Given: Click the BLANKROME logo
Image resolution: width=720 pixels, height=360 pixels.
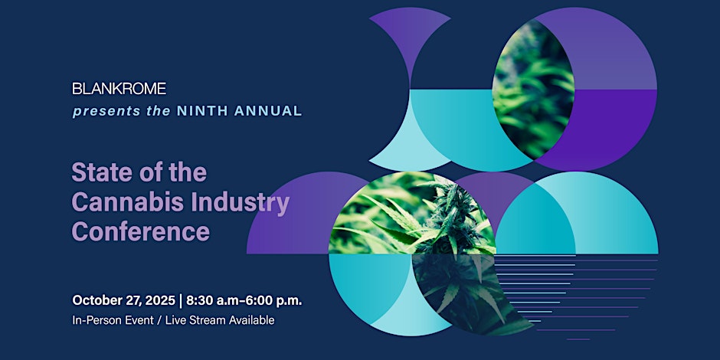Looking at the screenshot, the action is coord(119,89).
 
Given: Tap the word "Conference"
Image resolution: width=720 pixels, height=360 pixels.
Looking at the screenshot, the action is coord(140,232).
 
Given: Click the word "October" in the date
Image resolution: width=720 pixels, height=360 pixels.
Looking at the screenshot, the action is coord(93,300).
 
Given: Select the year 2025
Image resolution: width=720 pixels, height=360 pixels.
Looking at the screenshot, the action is coord(160,300).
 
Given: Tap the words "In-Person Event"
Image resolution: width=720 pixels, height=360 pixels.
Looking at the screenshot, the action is coord(113,320).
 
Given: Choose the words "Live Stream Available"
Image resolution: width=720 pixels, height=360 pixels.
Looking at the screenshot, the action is coord(220,320).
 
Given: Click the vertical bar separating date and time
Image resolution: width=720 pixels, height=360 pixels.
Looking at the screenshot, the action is coord(181,301).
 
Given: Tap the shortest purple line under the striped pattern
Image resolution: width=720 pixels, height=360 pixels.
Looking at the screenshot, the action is coord(578,339).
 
